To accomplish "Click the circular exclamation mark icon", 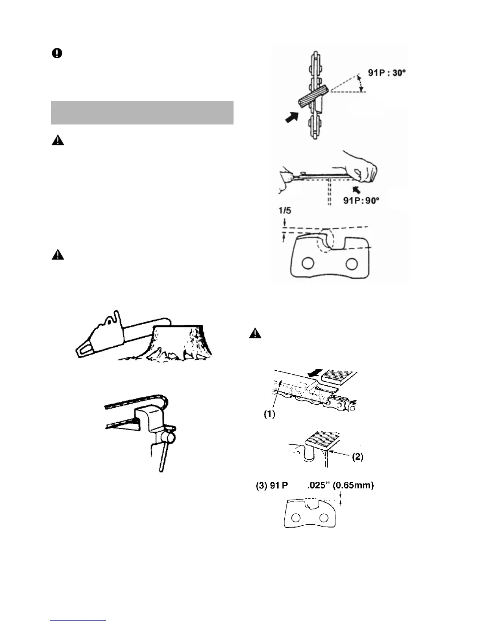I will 57,54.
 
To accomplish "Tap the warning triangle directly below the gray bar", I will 57,141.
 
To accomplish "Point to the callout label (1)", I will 269,414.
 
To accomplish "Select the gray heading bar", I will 142,113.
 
